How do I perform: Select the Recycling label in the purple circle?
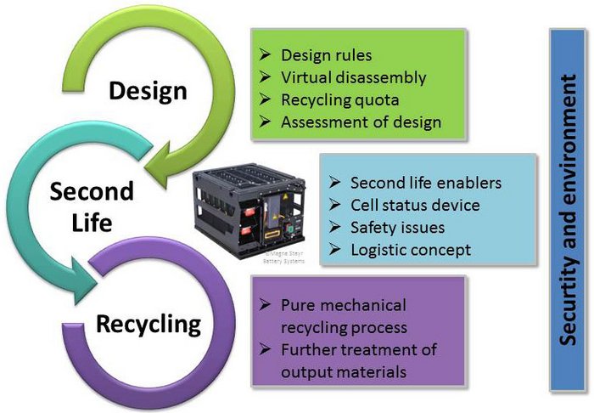pyautogui.click(x=148, y=324)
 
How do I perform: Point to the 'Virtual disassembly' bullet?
pyautogui.click(x=353, y=78)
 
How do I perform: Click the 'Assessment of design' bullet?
pyautogui.click(x=361, y=122)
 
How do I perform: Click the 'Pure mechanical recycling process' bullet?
pyautogui.click(x=344, y=315)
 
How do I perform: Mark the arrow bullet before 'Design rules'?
pyautogui.click(x=265, y=56)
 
